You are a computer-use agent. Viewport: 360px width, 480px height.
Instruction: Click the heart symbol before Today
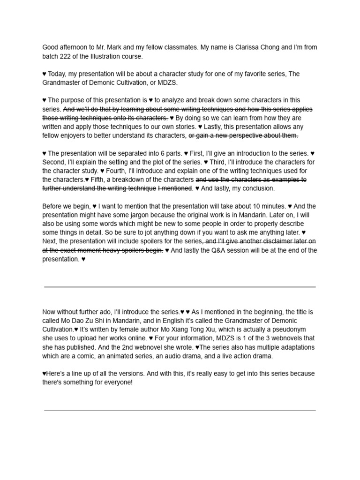(44, 74)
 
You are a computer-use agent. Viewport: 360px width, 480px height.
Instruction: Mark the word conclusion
(258, 188)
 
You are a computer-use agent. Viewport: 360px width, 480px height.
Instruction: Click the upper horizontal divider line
(180, 286)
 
